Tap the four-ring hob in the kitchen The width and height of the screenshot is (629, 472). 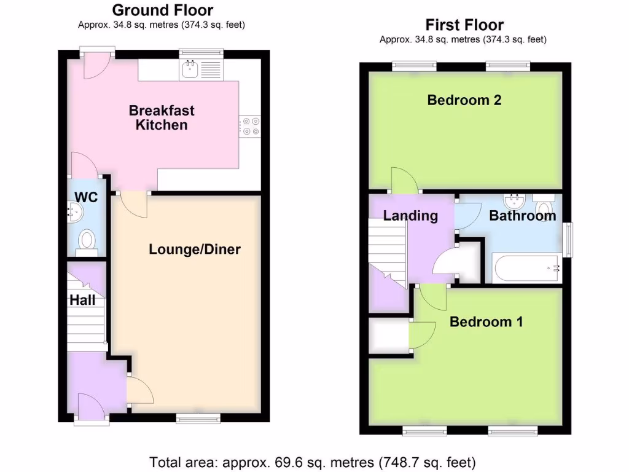[250, 125]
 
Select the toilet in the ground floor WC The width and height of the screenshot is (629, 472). [87, 242]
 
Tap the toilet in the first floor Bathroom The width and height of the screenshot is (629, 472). [543, 200]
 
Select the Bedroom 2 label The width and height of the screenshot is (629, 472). [464, 100]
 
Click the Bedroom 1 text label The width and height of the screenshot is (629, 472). [486, 321]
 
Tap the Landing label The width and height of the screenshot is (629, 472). [410, 216]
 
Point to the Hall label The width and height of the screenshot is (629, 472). [82, 300]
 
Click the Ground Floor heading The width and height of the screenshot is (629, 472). [163, 10]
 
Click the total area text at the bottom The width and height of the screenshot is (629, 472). [313, 461]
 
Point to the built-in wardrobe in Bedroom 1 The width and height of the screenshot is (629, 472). [389, 336]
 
